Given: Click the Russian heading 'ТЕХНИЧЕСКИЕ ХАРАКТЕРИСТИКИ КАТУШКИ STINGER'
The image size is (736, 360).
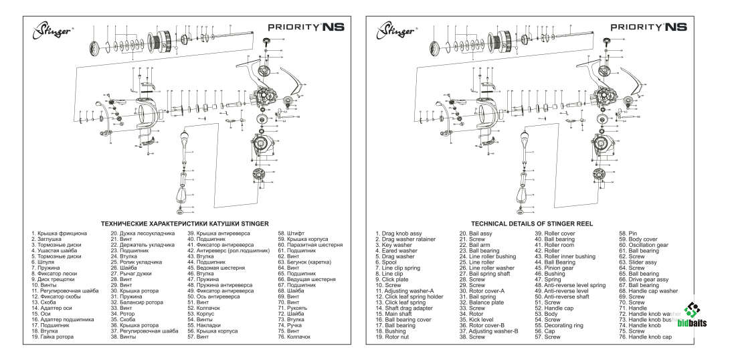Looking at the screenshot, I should click(x=184, y=223).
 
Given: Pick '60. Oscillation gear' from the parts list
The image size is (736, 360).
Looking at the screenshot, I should click(x=644, y=245).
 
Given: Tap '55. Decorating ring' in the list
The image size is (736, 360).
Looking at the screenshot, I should click(x=559, y=325).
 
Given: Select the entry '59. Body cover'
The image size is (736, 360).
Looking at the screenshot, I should click(x=638, y=239).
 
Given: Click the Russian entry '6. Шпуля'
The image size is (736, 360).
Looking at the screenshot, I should click(x=41, y=262).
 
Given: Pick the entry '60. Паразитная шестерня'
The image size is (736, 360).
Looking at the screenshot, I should click(x=310, y=245).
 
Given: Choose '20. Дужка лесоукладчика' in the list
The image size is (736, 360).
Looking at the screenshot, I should click(x=143, y=234).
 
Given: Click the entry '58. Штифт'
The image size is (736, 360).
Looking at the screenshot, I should click(x=292, y=234).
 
